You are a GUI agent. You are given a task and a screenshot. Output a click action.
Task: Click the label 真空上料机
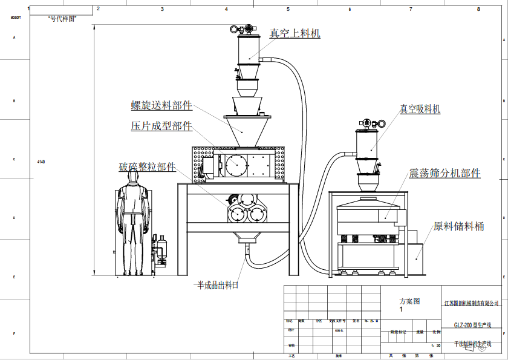click(295, 34)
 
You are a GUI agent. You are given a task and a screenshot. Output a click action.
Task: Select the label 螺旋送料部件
click(161, 105)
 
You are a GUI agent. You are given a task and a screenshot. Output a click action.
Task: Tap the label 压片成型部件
click(161, 126)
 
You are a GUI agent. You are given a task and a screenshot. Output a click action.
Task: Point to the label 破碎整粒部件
click(147, 167)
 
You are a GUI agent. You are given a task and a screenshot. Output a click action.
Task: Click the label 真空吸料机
click(420, 110)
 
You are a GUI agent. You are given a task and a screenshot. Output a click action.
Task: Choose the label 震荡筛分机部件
click(444, 174)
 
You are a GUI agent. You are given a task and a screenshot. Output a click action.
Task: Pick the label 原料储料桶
click(459, 227)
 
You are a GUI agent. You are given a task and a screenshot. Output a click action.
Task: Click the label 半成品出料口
click(216, 284)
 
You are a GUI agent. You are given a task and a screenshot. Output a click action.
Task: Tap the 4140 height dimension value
click(41, 162)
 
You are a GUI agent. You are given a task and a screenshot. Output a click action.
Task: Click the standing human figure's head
click(134, 175)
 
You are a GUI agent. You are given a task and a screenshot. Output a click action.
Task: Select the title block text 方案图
click(409, 301)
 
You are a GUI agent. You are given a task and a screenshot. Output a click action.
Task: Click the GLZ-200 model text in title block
click(474, 325)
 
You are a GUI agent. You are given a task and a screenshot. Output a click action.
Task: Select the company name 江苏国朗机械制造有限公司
click(472, 303)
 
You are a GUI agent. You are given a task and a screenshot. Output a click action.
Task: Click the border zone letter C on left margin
click(14, 159)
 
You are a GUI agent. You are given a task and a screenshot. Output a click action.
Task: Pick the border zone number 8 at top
click(478, 9)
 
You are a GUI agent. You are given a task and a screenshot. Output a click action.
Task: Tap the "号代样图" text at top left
click(62, 19)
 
